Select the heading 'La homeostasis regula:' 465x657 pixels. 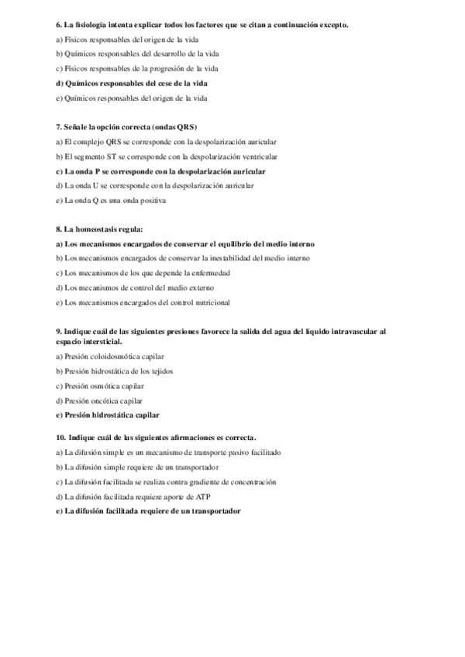(x=104, y=229)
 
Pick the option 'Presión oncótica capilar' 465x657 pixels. (x=100, y=400)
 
